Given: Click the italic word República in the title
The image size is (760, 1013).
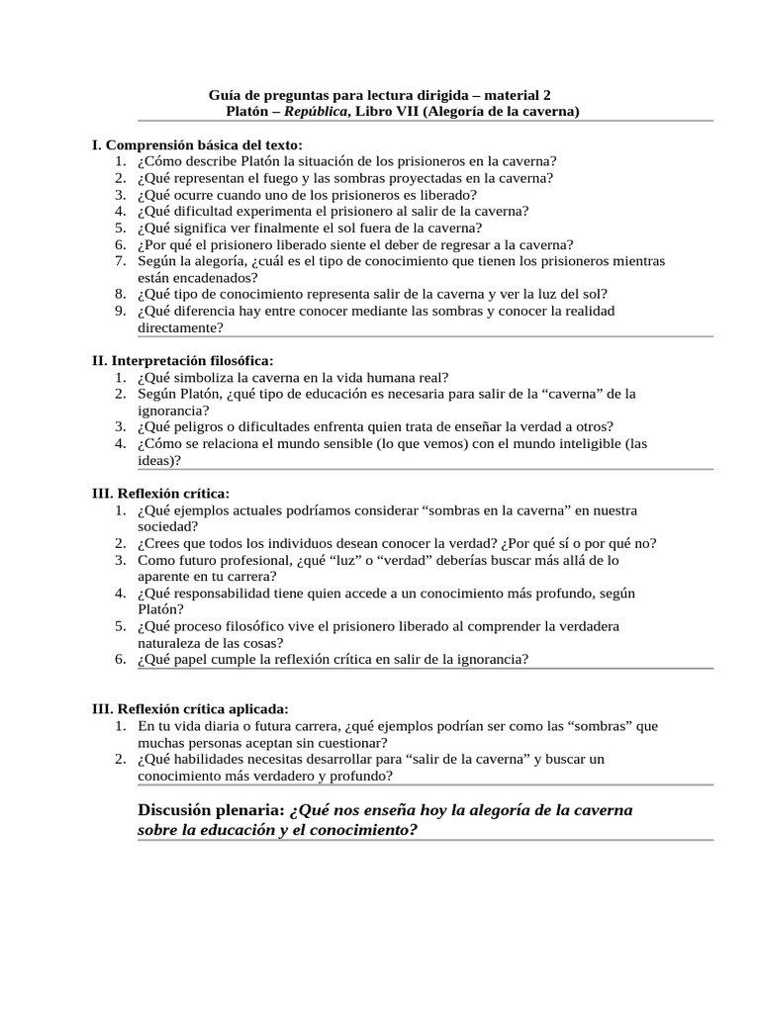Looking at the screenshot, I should click(315, 112).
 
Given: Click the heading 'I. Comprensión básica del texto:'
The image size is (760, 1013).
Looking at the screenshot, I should click(190, 144).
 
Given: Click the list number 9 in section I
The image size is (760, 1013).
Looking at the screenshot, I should click(118, 311).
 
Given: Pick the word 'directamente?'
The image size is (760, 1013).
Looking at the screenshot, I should click(180, 326).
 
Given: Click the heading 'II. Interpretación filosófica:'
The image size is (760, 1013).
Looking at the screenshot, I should click(182, 360).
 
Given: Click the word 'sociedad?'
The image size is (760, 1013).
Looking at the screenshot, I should click(168, 526).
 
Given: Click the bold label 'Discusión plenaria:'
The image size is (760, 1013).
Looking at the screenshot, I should click(211, 810).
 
